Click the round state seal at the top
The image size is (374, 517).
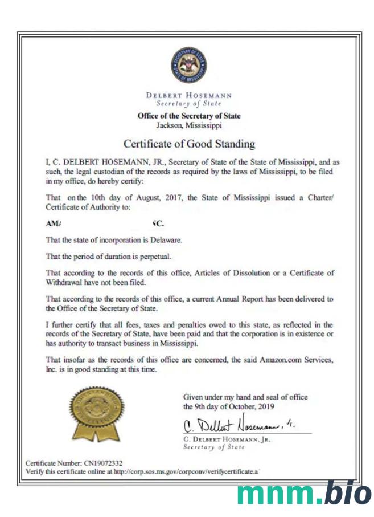point(188,65)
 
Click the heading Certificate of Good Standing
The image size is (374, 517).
point(189,144)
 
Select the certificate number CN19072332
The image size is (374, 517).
point(103,463)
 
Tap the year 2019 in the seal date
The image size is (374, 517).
point(265,406)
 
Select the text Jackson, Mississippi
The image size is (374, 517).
point(189,125)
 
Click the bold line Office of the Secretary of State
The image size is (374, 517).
point(189,116)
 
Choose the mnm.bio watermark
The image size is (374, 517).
point(305,493)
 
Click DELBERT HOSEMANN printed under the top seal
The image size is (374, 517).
point(189,96)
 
